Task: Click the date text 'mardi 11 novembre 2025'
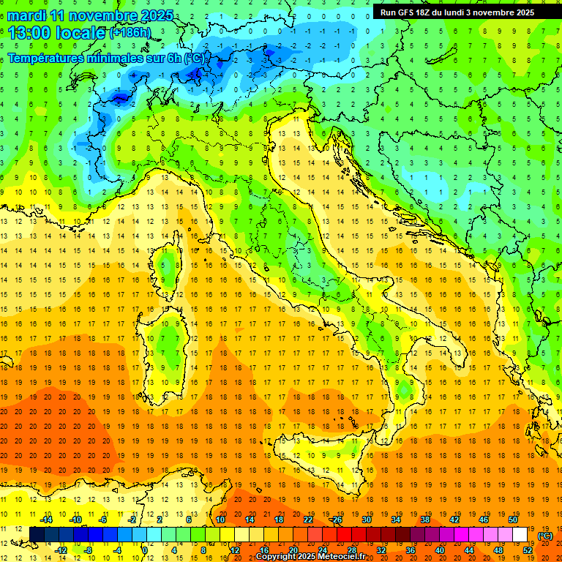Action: coord(91,15)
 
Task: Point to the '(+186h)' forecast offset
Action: coord(130,33)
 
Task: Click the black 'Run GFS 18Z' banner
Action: coord(457,12)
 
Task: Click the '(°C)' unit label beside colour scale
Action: coord(545,536)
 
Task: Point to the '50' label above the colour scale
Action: coord(513,520)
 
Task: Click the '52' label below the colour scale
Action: coord(528,550)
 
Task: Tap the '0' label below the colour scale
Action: coord(146,550)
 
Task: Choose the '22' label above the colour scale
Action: coord(308,520)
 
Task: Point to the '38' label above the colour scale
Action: coord(425,520)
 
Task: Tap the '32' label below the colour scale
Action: coord(381,550)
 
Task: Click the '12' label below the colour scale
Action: coord(235,550)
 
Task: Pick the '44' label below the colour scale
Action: coord(469,550)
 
